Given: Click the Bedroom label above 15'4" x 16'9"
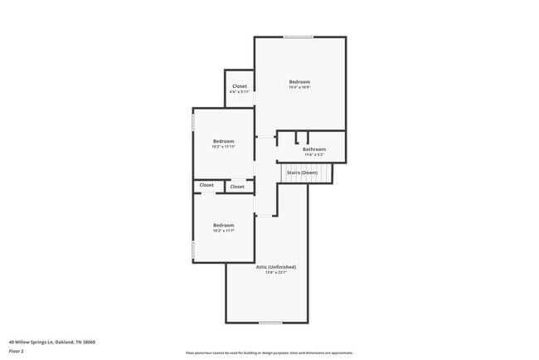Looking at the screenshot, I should click(x=299, y=81).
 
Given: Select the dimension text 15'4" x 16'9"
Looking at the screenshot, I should click(x=299, y=87).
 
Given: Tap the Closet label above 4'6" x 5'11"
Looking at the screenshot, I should click(x=239, y=86).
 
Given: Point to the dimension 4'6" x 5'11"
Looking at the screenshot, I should click(x=239, y=92).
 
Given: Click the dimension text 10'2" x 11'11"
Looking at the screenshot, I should click(x=223, y=147).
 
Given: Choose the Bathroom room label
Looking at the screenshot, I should click(x=313, y=149).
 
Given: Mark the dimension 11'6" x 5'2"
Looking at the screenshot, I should click(x=313, y=155).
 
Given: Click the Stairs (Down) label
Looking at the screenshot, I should click(x=303, y=173).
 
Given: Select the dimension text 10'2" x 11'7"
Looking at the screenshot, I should click(x=223, y=231).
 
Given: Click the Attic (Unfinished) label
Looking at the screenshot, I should click(x=280, y=266).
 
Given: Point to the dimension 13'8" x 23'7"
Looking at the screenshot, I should click(x=275, y=272).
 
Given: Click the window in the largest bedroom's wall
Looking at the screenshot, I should click(x=299, y=36).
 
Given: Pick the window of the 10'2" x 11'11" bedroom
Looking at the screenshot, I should click(x=193, y=122).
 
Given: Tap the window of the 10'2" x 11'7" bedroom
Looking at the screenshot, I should click(x=193, y=249).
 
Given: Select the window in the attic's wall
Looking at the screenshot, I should click(x=269, y=323).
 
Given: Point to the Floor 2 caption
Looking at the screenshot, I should click(x=17, y=351).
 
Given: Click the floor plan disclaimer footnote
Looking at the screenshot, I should click(x=269, y=353).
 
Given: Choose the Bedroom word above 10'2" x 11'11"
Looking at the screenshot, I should click(x=223, y=141).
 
